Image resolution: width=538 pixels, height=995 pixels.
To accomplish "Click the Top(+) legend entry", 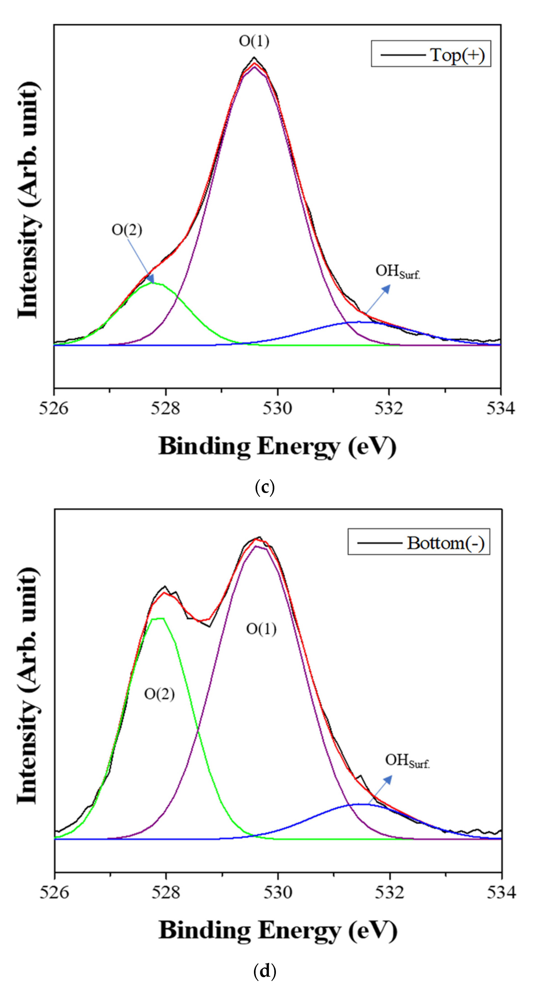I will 431,54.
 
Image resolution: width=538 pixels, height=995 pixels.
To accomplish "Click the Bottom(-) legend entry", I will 419,543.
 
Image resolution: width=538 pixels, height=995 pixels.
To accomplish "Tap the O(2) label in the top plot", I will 127,230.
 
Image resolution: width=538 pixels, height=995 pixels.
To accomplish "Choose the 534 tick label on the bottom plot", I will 501,892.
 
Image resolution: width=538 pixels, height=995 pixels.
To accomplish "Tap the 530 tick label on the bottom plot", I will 277,892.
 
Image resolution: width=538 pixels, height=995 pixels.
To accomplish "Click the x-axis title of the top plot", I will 277,446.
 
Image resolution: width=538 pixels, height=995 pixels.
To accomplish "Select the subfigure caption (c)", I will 265,488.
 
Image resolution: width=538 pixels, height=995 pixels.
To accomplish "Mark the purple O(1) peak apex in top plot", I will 254,67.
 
